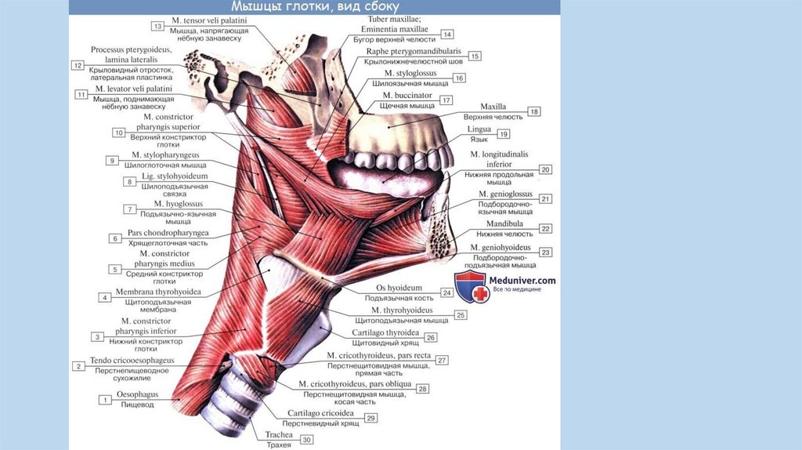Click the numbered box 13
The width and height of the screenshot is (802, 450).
(x=157, y=27)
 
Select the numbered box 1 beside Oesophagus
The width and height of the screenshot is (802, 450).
(x=103, y=400)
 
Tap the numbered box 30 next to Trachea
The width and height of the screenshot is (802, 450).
(x=307, y=440)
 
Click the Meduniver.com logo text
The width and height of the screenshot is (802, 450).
(x=522, y=280)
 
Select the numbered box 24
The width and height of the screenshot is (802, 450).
(x=446, y=292)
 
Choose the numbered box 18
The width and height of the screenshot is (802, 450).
(x=534, y=112)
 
